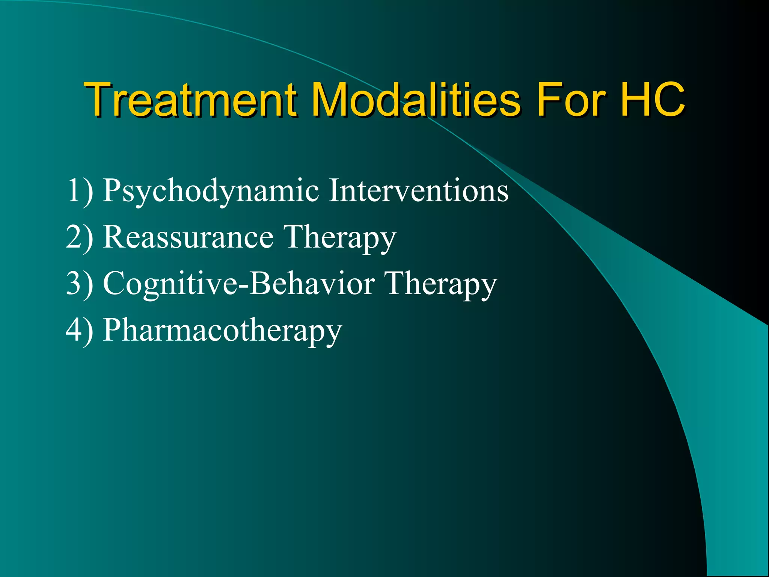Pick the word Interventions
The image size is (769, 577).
click(x=419, y=190)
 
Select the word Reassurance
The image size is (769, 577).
click(x=188, y=237)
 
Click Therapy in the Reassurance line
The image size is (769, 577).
click(x=340, y=238)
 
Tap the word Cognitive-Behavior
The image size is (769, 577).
click(x=239, y=284)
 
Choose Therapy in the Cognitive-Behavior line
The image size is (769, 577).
click(x=441, y=284)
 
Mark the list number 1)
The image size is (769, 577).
click(x=80, y=191)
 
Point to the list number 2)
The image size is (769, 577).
click(x=80, y=237)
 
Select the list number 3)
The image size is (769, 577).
click(x=80, y=284)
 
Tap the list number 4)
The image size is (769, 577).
click(x=80, y=331)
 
